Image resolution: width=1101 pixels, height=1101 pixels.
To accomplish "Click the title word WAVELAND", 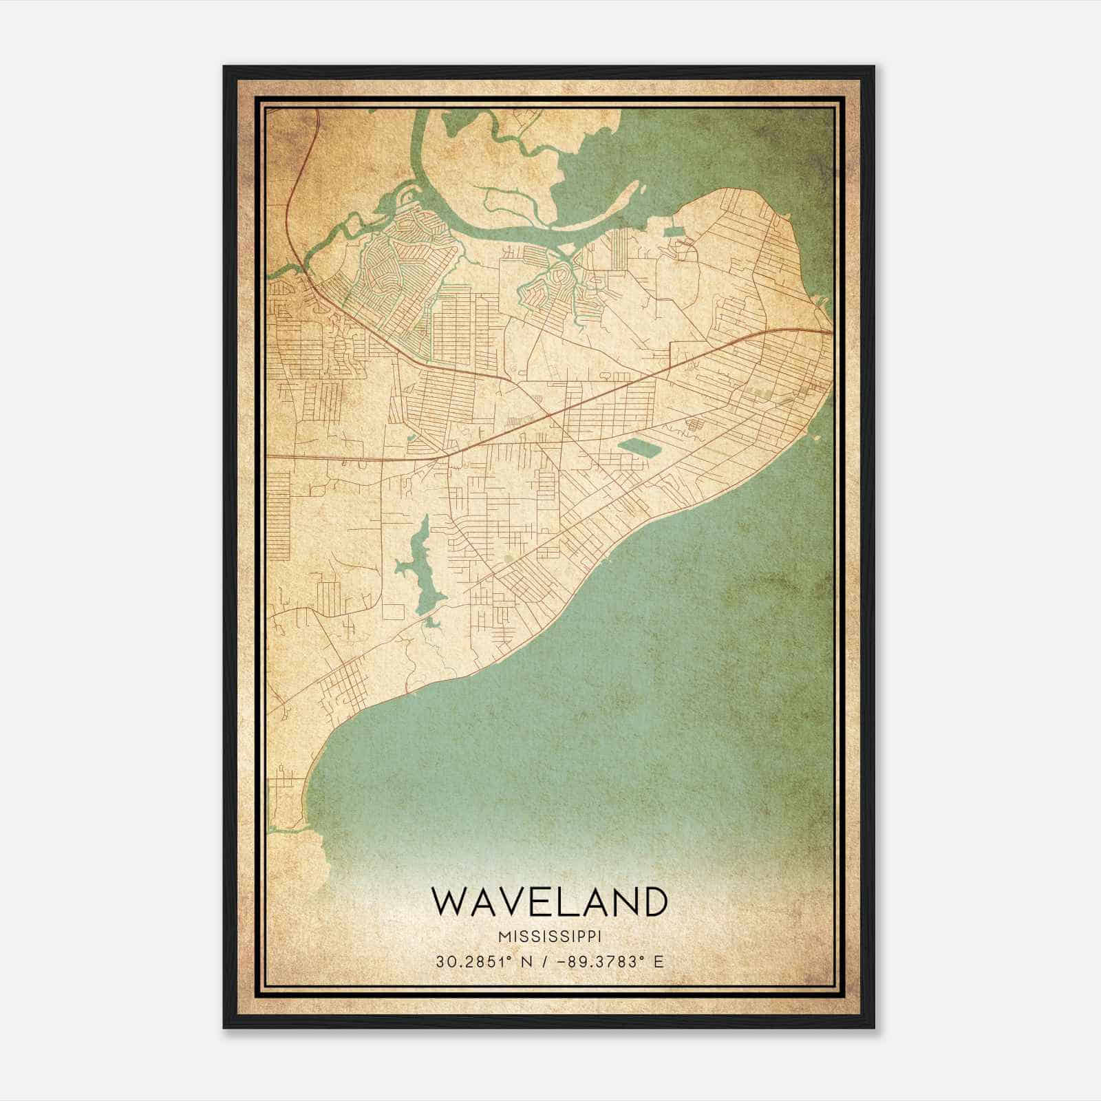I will point(549,902).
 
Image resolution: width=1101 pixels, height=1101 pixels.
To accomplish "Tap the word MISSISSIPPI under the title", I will point(549,937).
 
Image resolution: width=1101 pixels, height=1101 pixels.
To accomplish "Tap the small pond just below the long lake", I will point(432,623).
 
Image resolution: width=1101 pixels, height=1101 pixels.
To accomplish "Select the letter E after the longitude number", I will point(659,962).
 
